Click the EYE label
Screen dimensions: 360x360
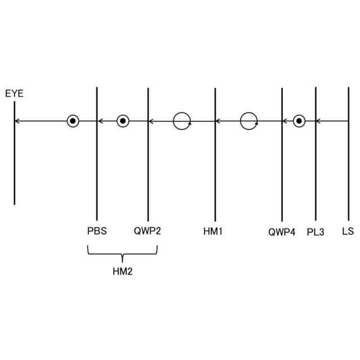(15, 93)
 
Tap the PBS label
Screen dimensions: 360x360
(97, 231)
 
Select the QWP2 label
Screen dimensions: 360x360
(147, 231)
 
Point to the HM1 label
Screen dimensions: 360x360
(213, 231)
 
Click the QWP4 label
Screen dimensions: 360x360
(281, 232)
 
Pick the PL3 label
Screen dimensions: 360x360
(316, 232)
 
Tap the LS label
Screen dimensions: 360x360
(348, 231)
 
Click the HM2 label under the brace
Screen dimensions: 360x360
(123, 272)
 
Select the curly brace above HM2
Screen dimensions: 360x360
(122, 253)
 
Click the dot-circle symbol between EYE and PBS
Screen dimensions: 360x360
(73, 121)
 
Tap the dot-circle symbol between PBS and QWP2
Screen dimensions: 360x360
(123, 121)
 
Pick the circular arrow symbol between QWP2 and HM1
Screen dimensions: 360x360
(182, 121)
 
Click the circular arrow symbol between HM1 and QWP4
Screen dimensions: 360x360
(249, 121)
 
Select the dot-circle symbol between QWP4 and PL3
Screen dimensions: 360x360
(299, 121)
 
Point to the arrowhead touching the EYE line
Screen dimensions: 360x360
(17, 121)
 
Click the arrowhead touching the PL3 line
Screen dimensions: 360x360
(318, 121)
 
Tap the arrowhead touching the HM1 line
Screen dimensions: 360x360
(218, 121)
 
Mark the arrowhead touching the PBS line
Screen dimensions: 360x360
(100, 121)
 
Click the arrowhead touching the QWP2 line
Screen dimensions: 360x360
(151, 121)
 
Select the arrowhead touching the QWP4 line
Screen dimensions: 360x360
(285, 121)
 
